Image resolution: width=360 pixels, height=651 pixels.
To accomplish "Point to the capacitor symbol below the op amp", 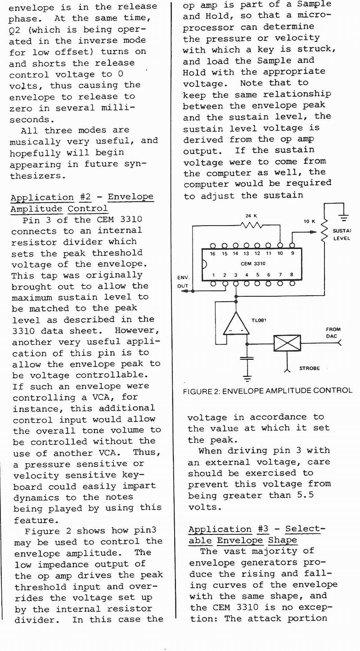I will [x=247, y=358].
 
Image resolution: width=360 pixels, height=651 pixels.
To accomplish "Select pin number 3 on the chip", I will [x=235, y=274].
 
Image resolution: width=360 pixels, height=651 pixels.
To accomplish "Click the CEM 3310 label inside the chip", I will [x=252, y=264].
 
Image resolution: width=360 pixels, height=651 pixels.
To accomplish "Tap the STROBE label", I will [x=310, y=368].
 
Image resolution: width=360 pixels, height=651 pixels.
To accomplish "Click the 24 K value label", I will [x=251, y=216].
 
